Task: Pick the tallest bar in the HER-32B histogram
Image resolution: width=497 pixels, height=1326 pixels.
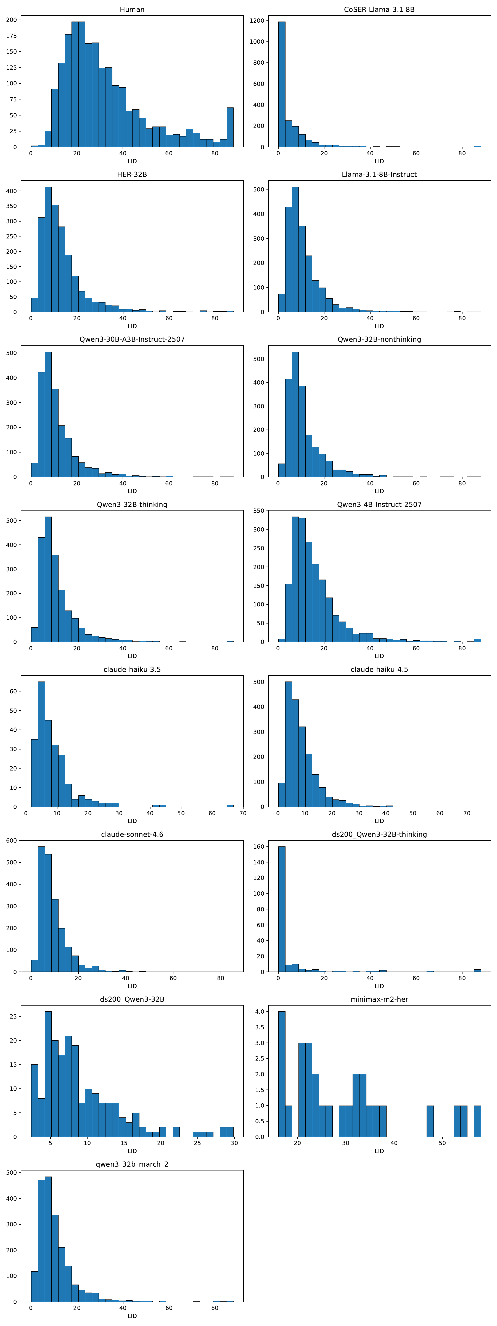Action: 48,250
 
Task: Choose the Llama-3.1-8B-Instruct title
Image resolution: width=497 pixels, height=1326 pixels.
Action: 379,175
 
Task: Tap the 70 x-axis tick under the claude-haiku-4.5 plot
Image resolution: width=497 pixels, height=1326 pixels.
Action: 467,813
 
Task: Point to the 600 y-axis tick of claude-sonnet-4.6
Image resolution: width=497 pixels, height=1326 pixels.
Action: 11,841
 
